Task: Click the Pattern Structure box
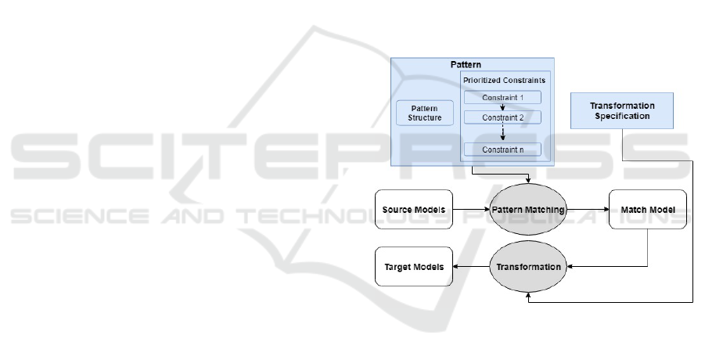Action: [x=425, y=113]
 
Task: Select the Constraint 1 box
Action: [x=502, y=98]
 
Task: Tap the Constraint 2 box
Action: [x=502, y=117]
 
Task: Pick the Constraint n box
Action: [x=502, y=149]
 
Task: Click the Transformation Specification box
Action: [x=622, y=111]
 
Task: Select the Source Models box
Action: [x=414, y=210]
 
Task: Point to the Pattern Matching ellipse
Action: [x=528, y=210]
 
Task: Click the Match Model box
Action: [x=647, y=210]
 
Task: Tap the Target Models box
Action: [x=414, y=267]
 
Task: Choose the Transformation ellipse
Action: [x=528, y=267]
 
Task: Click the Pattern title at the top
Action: [x=466, y=63]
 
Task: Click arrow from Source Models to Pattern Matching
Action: [x=471, y=210]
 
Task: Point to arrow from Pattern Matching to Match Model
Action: [x=587, y=210]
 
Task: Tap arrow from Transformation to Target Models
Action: [x=471, y=267]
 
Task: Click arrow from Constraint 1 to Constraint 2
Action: [x=502, y=107]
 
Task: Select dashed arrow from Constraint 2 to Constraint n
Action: [x=502, y=133]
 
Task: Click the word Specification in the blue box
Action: [x=622, y=117]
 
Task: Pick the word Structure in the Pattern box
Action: [x=425, y=118]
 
